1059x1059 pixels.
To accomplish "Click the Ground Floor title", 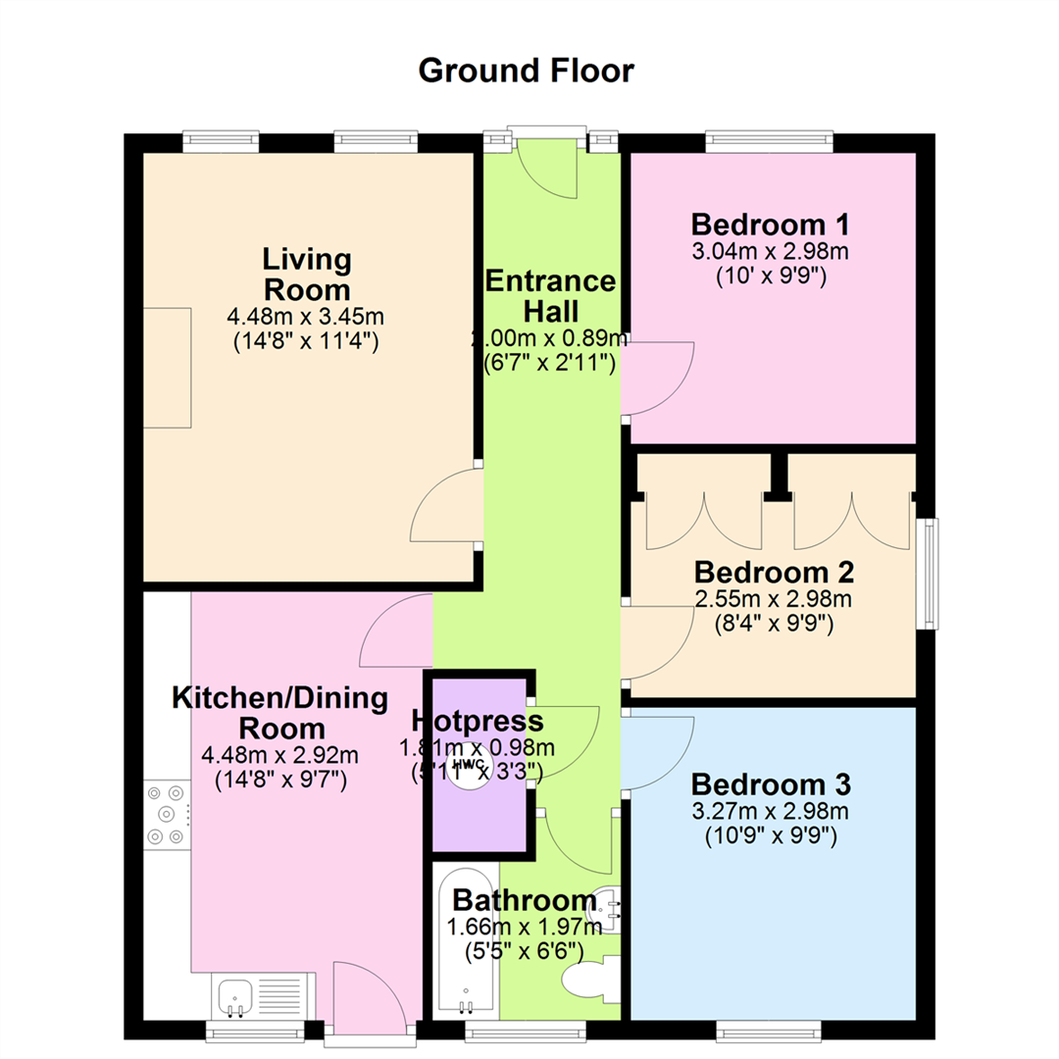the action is point(527,71).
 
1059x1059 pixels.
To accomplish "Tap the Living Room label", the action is point(307,275).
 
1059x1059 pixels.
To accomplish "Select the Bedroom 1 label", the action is point(770,225).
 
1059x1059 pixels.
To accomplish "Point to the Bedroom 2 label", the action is point(774,572).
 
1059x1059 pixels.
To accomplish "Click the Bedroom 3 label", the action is point(771,784).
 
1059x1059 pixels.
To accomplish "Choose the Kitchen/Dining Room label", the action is point(280,713).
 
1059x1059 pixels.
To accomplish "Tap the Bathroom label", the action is point(525,900).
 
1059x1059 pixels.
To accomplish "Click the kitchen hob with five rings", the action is point(167,815).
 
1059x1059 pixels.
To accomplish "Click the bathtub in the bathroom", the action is point(466,943).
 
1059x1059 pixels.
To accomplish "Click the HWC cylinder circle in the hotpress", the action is point(471,767).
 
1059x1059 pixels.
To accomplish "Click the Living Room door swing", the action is point(446,505).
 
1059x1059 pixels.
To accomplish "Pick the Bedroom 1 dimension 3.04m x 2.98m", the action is point(770,251).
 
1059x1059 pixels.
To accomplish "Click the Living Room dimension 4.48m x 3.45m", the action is point(305,316).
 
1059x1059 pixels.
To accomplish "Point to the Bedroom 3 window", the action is point(769,1032).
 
